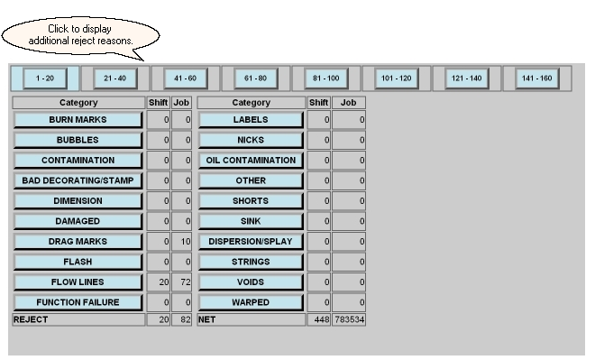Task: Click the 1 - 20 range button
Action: click(x=45, y=78)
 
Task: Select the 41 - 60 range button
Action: click(x=186, y=78)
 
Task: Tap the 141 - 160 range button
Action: click(x=537, y=78)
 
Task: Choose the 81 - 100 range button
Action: click(x=326, y=78)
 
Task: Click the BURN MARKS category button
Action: click(x=78, y=120)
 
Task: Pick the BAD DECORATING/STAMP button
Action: click(x=78, y=180)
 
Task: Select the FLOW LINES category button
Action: click(x=78, y=282)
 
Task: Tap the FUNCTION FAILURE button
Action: click(x=78, y=302)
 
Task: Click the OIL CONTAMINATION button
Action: click(x=251, y=161)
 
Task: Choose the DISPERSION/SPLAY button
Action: click(x=251, y=242)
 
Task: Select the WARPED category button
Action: click(x=251, y=302)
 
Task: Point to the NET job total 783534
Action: click(x=349, y=319)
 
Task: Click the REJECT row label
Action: click(x=32, y=319)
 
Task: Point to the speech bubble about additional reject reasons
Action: click(x=80, y=36)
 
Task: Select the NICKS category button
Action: click(x=251, y=140)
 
